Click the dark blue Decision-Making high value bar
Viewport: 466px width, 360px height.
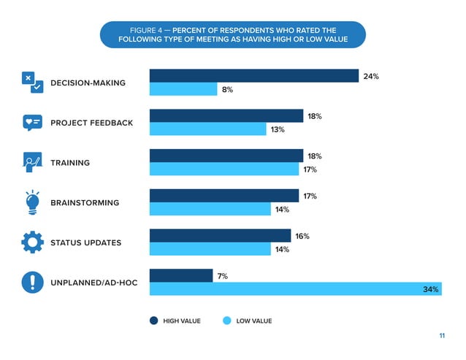point(254,76)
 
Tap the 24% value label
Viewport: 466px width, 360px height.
point(371,77)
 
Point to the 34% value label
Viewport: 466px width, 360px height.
point(431,290)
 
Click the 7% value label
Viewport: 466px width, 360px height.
point(223,276)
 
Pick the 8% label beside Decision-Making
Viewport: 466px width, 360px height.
point(227,90)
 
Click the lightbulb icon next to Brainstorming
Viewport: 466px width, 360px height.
point(33,202)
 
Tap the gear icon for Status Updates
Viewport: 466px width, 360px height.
point(33,242)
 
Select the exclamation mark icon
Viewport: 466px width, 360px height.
point(33,282)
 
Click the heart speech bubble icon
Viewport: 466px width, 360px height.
point(33,122)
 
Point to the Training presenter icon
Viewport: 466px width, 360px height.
point(33,162)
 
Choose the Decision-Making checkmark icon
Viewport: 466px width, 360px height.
point(33,83)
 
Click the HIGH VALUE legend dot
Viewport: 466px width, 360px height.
point(154,321)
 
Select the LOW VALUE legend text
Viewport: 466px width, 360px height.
point(254,321)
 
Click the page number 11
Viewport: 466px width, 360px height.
point(442,336)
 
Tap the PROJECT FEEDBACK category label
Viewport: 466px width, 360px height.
point(91,123)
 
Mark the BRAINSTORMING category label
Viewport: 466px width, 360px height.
point(84,202)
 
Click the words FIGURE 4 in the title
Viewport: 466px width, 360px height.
point(146,30)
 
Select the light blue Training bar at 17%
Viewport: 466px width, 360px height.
point(225,169)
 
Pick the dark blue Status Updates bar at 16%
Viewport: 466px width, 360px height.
point(220,236)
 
